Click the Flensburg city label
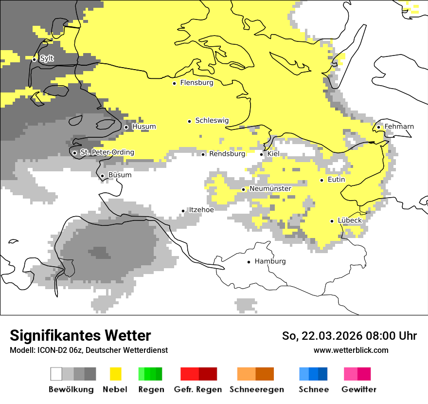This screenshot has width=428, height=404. [196, 83]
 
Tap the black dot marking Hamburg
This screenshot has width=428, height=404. [249, 262]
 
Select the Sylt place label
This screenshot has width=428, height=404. [47, 58]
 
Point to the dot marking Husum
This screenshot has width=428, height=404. [126, 127]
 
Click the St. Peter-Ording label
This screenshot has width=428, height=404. [107, 152]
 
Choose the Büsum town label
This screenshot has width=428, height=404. [120, 175]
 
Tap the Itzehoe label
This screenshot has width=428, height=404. [201, 210]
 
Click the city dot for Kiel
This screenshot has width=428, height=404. [262, 154]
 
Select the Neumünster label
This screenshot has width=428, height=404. [270, 189]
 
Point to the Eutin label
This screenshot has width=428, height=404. [336, 180]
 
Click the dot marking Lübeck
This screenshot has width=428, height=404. [332, 221]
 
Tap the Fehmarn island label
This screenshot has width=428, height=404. [399, 127]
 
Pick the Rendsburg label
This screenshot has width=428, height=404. [227, 154]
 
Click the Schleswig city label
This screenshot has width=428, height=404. [212, 121]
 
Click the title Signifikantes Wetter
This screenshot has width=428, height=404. [80, 336]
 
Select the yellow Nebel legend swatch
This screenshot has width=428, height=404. [115, 374]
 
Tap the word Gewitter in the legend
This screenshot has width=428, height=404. [358, 389]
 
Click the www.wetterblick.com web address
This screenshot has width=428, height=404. [351, 350]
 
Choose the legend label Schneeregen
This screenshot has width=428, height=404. [257, 389]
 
